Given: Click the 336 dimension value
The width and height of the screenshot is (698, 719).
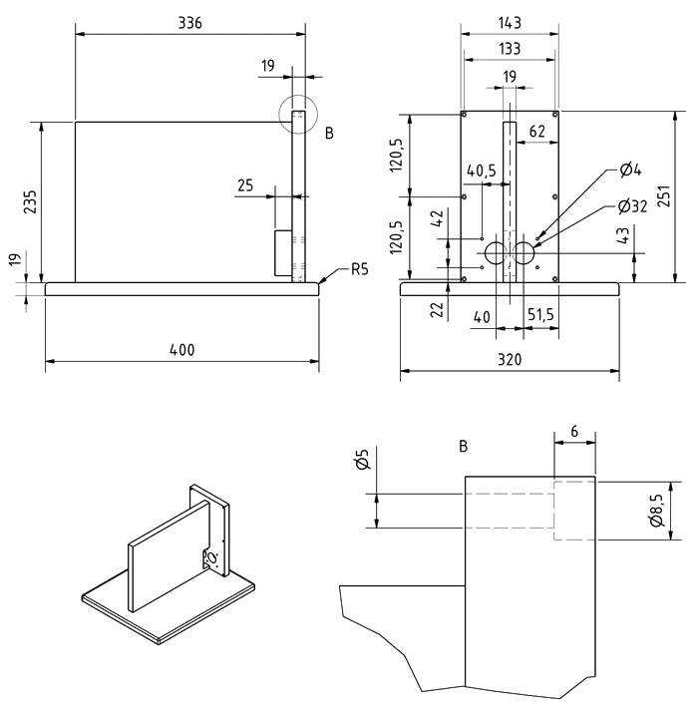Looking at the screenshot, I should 189,23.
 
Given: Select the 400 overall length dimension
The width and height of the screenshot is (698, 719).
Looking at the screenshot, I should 181,350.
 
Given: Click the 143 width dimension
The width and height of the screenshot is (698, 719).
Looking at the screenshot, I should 510,22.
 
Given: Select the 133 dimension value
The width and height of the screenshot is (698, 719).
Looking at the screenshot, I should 510,48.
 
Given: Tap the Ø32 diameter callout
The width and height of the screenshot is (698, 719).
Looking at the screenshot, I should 632,206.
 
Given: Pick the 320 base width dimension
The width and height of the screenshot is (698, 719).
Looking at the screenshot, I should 510,358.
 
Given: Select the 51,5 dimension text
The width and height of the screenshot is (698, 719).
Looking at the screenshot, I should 541,315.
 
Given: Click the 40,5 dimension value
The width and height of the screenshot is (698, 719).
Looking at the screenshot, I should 481,171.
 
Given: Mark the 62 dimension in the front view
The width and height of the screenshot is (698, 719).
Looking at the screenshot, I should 537,131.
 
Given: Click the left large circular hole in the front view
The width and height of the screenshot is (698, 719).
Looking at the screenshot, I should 497,253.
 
